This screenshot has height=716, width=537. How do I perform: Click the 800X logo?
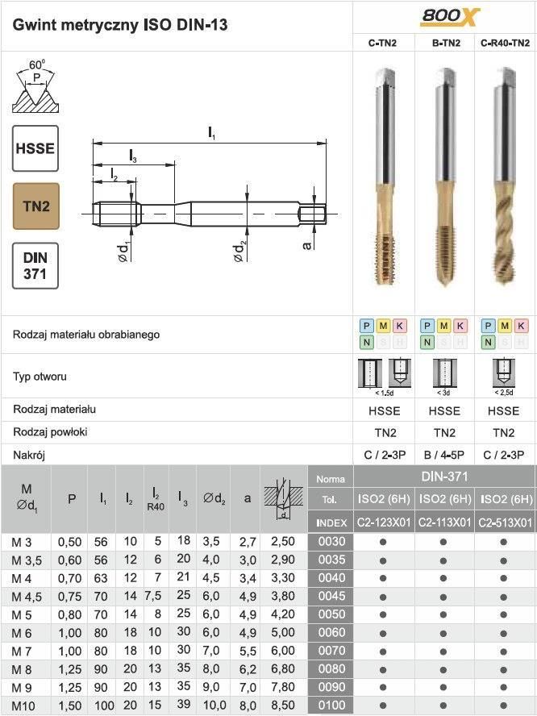pos(449,17)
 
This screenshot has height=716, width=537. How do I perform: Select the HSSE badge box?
pos(35,148)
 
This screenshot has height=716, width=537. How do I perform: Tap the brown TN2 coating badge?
pos(36,206)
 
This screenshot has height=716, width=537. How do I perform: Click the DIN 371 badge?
pos(35,266)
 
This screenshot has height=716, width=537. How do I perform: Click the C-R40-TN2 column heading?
pos(505,43)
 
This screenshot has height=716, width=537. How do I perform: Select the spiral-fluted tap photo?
pos(504,177)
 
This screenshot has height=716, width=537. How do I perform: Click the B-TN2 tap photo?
pos(445,177)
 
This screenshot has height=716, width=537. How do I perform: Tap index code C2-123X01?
pos(384,522)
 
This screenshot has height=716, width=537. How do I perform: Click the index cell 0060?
pos(331,632)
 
